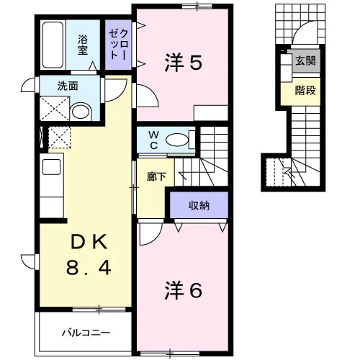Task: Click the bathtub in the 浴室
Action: (x=53, y=45)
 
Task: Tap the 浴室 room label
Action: (x=83, y=45)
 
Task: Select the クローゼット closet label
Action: (x=118, y=45)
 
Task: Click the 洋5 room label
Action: (x=183, y=62)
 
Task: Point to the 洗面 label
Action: (x=68, y=86)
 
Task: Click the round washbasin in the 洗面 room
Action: (x=81, y=112)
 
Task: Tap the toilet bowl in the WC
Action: (x=178, y=140)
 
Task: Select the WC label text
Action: (x=153, y=140)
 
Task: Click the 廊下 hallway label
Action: (x=156, y=177)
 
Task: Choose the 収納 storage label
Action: (x=199, y=205)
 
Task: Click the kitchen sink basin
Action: (x=51, y=167)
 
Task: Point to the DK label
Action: (x=89, y=243)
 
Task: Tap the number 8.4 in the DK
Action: (x=89, y=268)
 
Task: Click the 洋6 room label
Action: (x=183, y=291)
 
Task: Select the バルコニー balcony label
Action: (x=86, y=333)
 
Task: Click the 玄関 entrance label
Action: (x=305, y=60)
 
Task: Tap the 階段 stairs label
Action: (x=305, y=90)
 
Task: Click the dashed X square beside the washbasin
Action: (x=54, y=109)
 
